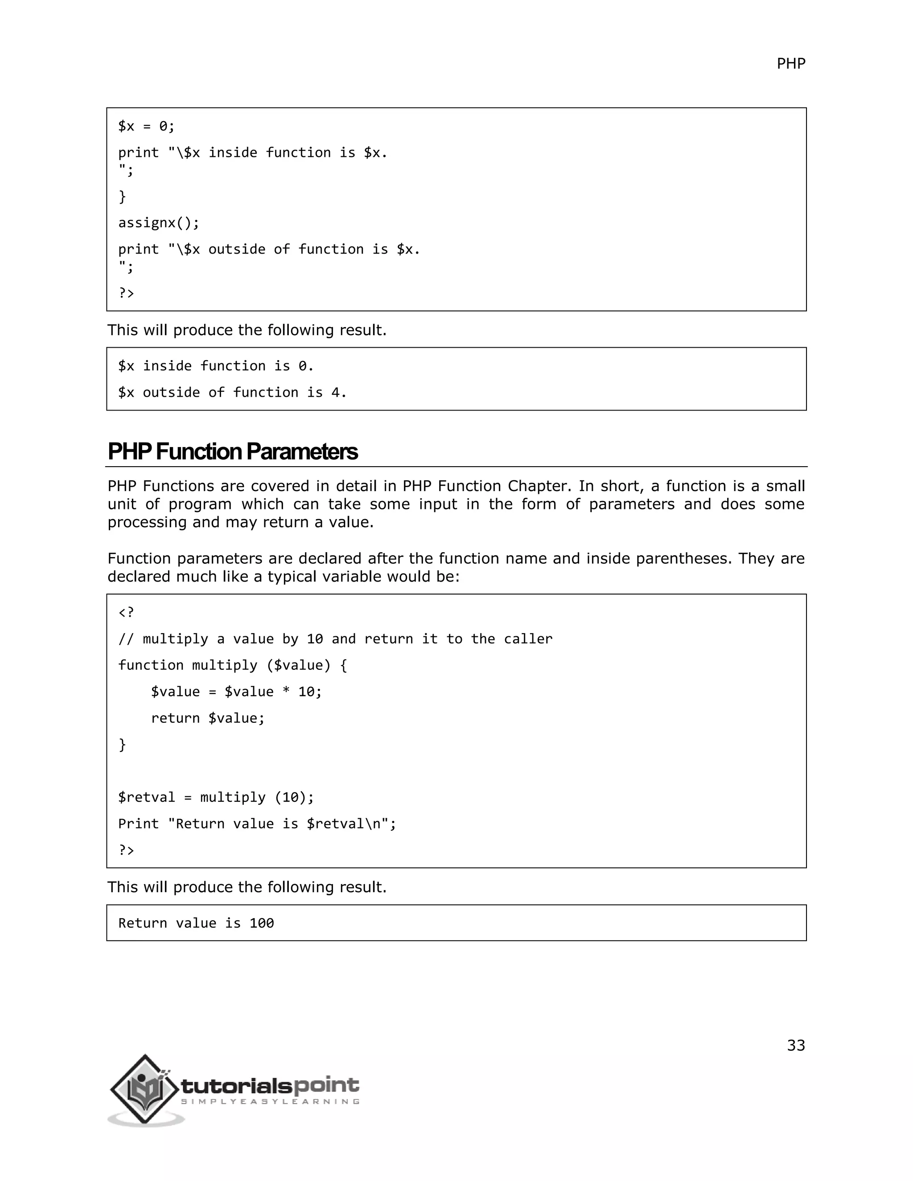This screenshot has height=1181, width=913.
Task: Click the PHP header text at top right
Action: click(x=790, y=64)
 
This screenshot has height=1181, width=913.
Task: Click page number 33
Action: click(x=795, y=1045)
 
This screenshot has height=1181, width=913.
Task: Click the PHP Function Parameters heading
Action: click(x=233, y=451)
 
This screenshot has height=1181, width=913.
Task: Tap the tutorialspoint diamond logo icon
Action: click(x=144, y=1089)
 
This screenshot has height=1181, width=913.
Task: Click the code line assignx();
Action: click(x=158, y=223)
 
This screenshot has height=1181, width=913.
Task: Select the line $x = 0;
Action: click(x=146, y=127)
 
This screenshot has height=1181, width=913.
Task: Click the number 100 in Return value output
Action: click(x=261, y=923)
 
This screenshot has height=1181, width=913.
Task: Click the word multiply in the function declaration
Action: click(x=225, y=665)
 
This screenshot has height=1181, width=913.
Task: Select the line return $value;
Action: click(x=208, y=718)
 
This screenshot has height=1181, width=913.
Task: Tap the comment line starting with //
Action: click(x=335, y=639)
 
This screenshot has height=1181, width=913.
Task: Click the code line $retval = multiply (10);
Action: click(x=216, y=798)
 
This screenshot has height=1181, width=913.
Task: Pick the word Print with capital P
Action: click(x=139, y=824)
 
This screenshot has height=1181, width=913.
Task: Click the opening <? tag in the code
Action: click(x=126, y=612)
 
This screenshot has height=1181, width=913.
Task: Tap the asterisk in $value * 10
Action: click(x=286, y=692)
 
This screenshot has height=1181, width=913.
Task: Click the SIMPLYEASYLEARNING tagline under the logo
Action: click(x=269, y=1102)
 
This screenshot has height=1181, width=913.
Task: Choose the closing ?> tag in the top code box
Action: click(x=126, y=293)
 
